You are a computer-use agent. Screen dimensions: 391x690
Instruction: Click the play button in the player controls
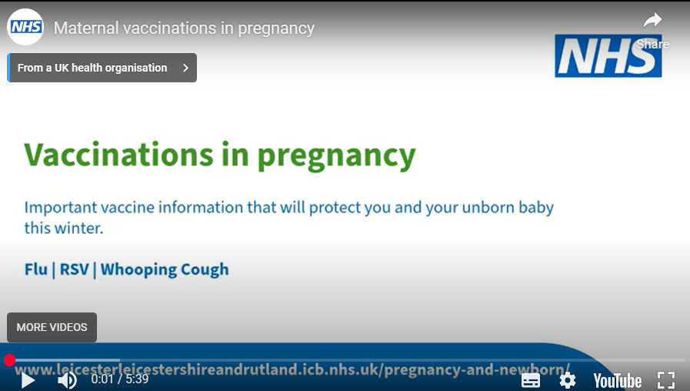(x=28, y=379)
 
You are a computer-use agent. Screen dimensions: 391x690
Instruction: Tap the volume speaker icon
(x=68, y=379)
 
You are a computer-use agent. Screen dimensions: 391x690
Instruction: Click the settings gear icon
(x=568, y=379)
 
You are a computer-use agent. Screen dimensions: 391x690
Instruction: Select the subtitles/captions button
(x=531, y=379)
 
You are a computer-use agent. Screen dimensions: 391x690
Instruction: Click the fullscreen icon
(x=666, y=379)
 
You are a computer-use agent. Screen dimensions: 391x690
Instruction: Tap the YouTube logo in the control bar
(x=617, y=379)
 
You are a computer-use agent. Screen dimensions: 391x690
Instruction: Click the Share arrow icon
(x=652, y=21)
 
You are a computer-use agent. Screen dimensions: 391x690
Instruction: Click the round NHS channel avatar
(x=25, y=28)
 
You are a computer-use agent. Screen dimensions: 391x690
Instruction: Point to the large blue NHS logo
(x=608, y=55)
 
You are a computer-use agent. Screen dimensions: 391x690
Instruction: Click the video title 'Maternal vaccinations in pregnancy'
(x=184, y=28)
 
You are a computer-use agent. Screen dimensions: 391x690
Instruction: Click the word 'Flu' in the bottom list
(x=36, y=269)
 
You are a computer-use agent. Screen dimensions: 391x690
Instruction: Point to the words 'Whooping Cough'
(x=165, y=269)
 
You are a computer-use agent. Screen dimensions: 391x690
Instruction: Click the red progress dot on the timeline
(x=9, y=360)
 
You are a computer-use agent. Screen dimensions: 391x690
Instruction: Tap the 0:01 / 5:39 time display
(x=119, y=379)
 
